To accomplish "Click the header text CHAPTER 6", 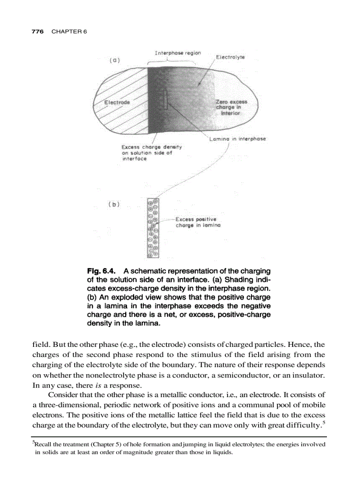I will coord(69,31).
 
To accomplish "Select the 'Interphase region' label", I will coord(178,53).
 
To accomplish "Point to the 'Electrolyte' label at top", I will coord(230,57).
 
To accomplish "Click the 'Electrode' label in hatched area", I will coord(117,102).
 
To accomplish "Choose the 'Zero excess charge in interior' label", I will coord(232,107).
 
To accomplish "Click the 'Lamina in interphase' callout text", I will coord(238,138).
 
